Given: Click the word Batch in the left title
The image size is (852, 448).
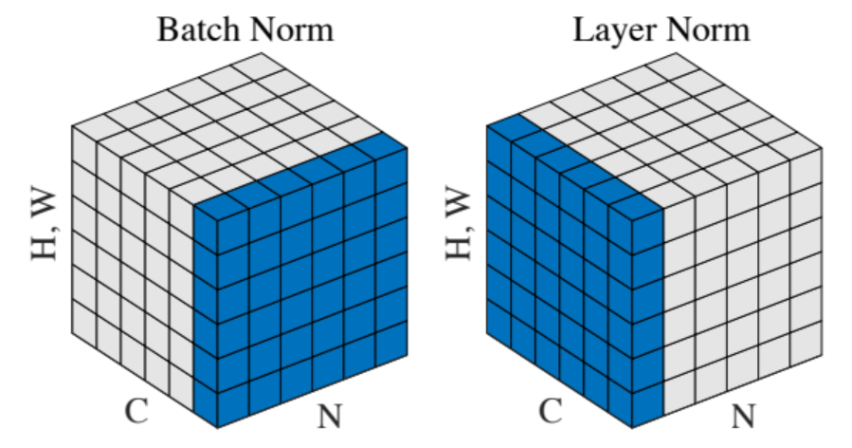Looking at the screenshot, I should (193, 29).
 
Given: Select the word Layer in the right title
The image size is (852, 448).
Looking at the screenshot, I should (613, 29).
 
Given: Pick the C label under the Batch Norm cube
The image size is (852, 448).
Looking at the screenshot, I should (136, 410).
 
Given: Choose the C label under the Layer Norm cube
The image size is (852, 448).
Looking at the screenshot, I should (551, 410).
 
